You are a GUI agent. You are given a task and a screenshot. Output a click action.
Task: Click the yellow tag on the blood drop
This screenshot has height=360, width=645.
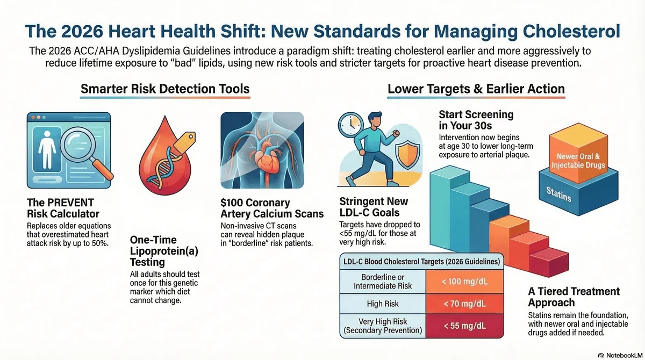(184, 142)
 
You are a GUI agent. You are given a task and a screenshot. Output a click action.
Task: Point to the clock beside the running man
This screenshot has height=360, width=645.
(351, 126)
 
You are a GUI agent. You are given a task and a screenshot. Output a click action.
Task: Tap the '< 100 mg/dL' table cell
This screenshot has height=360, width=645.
(464, 282)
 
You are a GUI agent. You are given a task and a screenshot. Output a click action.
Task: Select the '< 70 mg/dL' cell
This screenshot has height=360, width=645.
(464, 304)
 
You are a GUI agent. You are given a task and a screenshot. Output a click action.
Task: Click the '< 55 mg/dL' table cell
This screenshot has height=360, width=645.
(464, 326)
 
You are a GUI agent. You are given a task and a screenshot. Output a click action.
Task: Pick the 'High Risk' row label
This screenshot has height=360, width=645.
(383, 304)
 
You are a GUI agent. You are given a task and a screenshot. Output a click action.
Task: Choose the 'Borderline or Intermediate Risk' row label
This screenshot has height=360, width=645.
(383, 282)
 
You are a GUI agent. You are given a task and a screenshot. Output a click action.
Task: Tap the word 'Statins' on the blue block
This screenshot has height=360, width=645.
(558, 194)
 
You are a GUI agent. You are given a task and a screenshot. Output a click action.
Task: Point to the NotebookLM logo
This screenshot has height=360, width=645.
(620, 355)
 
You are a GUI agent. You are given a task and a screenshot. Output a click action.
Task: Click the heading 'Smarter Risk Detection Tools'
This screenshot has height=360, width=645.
(165, 89)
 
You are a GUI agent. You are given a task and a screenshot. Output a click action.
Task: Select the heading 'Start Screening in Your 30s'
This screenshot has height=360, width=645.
(476, 120)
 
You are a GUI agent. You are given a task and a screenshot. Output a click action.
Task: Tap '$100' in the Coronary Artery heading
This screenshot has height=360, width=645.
(232, 203)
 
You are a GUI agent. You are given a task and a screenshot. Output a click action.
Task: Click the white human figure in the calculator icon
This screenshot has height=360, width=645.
(47, 149)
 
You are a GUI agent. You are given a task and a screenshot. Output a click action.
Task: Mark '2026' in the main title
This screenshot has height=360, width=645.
(82, 31)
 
